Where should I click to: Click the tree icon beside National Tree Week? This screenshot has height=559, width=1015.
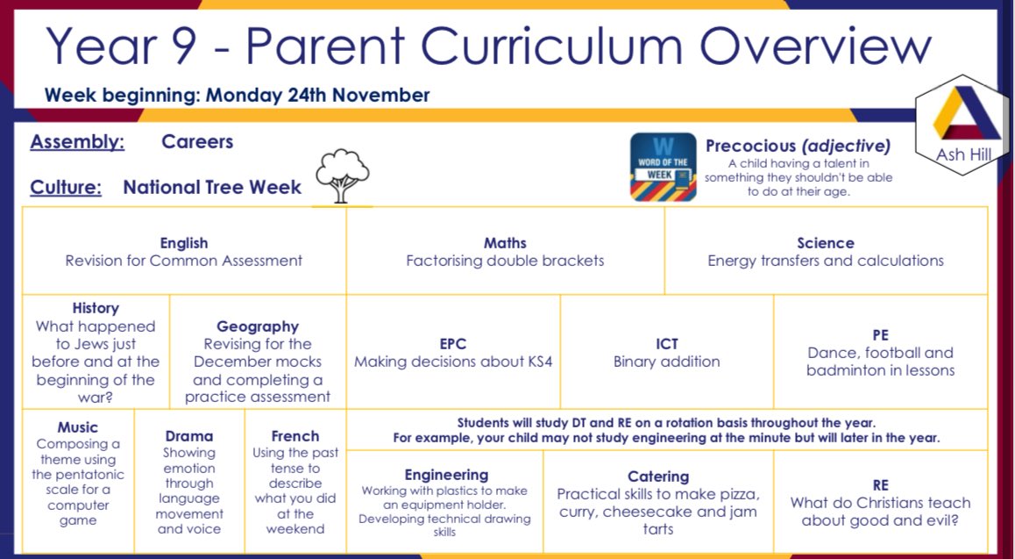342,176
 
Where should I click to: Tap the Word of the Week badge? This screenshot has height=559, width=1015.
664,168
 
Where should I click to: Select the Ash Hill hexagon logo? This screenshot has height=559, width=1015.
962,124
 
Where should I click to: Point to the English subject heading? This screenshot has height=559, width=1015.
184,243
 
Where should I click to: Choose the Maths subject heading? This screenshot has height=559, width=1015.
505,243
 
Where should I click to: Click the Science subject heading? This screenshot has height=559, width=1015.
825,243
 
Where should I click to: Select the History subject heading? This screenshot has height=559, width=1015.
96,308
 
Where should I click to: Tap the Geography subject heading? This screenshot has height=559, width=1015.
258,326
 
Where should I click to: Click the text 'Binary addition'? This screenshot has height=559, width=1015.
666,362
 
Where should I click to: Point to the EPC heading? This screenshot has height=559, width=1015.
453,344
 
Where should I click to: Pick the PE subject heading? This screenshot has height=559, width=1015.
880,335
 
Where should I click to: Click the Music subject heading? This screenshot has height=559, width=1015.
78,427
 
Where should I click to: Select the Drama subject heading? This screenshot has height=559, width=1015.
188,436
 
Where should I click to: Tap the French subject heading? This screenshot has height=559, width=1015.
295,436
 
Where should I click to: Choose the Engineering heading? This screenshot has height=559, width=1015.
446,475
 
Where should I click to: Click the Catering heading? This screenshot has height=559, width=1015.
657,477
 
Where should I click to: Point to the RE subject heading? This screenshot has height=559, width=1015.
880,485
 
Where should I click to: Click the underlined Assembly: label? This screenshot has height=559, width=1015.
77,142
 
